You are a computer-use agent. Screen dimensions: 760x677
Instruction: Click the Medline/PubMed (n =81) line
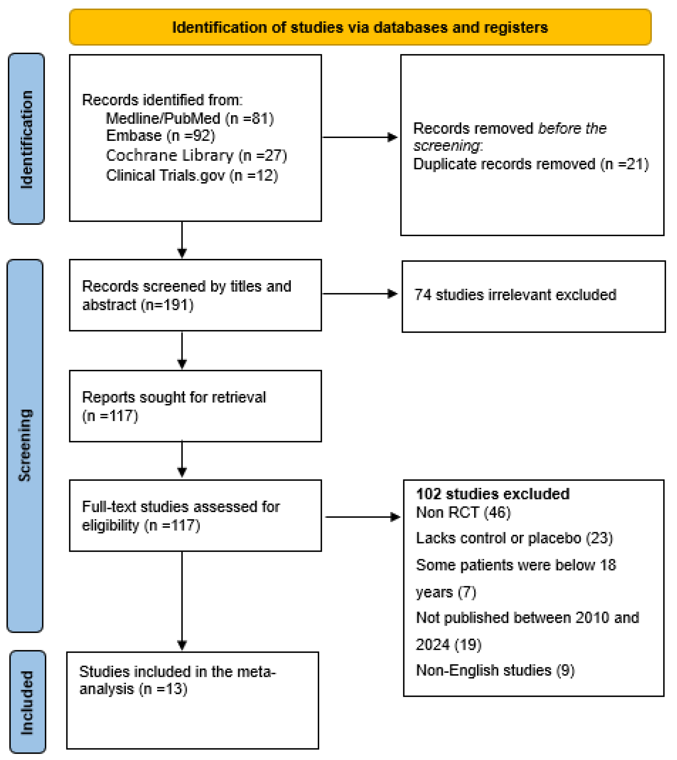(x=190, y=119)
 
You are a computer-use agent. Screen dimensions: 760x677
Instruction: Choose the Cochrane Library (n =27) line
(x=196, y=155)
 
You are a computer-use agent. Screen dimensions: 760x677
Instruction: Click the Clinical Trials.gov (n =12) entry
(x=192, y=175)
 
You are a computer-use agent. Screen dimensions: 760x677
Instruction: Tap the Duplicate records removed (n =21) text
(x=530, y=164)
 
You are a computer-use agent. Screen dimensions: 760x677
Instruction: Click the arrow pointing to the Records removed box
(x=360, y=137)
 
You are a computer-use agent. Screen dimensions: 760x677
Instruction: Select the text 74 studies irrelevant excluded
(x=515, y=294)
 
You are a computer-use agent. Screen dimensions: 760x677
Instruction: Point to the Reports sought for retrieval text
(x=174, y=397)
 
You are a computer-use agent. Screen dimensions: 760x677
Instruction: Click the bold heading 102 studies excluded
(x=493, y=494)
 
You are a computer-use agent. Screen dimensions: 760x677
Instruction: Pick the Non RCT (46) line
(x=463, y=513)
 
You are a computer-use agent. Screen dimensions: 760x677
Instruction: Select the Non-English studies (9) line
(x=495, y=670)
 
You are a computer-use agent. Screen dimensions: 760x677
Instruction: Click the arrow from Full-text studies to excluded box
(x=363, y=517)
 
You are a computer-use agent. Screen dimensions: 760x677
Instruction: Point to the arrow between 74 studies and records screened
(x=360, y=294)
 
